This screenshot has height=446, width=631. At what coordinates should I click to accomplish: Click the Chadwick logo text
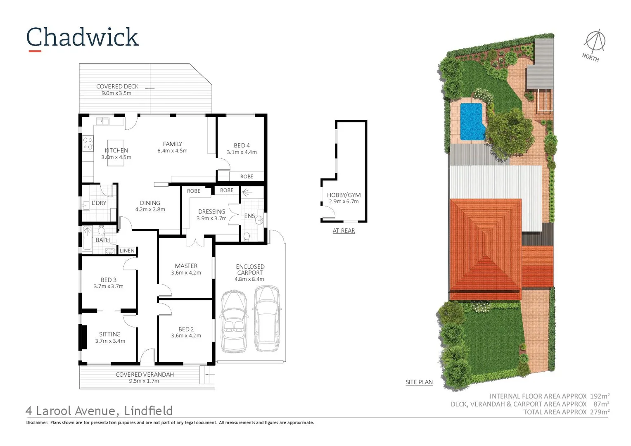coord(83,37)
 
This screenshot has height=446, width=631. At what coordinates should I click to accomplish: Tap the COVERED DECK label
coord(117,86)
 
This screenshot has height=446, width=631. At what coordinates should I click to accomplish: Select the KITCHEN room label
coord(116,150)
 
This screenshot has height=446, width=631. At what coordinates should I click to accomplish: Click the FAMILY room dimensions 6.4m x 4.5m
coord(172,151)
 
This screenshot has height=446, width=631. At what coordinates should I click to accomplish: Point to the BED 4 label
coord(242,145)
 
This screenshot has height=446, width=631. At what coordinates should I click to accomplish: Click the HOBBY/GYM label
coord(344,195)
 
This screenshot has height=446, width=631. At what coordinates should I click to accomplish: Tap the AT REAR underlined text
coord(344,230)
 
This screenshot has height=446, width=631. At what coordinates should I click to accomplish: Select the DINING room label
coord(150,203)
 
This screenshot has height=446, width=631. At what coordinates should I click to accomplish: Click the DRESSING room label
coord(211,211)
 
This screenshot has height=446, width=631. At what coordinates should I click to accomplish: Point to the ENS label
coord(249,216)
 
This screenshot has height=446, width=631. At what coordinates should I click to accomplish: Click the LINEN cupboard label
coord(127,251)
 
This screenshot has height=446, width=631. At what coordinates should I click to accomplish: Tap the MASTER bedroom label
coord(186,266)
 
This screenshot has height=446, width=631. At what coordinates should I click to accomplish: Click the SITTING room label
coord(110,334)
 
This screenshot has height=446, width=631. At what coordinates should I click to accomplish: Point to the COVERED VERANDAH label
coord(145,375)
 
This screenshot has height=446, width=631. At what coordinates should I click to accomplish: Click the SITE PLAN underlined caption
coord(419,382)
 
